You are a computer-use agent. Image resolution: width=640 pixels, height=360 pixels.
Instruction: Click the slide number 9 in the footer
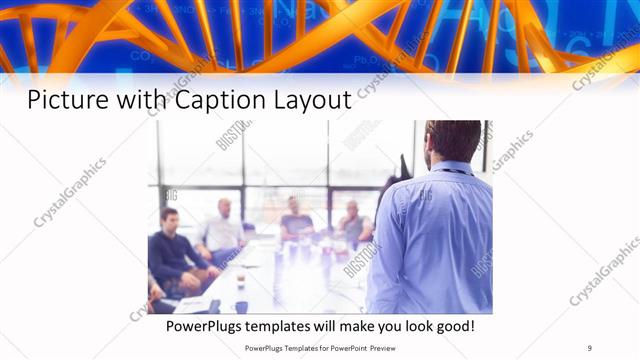pyautogui.click(x=589, y=347)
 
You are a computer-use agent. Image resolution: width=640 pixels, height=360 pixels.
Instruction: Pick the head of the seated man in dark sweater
pyautogui.click(x=170, y=218)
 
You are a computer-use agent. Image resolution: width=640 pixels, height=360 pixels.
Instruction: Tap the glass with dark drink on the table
pyautogui.click(x=241, y=279)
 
